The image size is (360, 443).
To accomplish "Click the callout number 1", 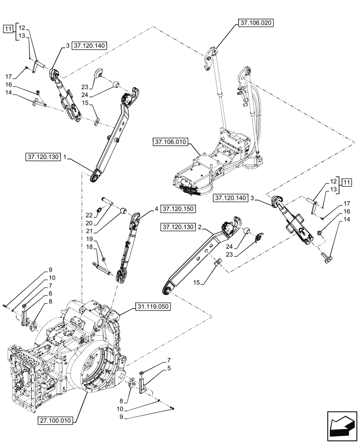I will point(65,157).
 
